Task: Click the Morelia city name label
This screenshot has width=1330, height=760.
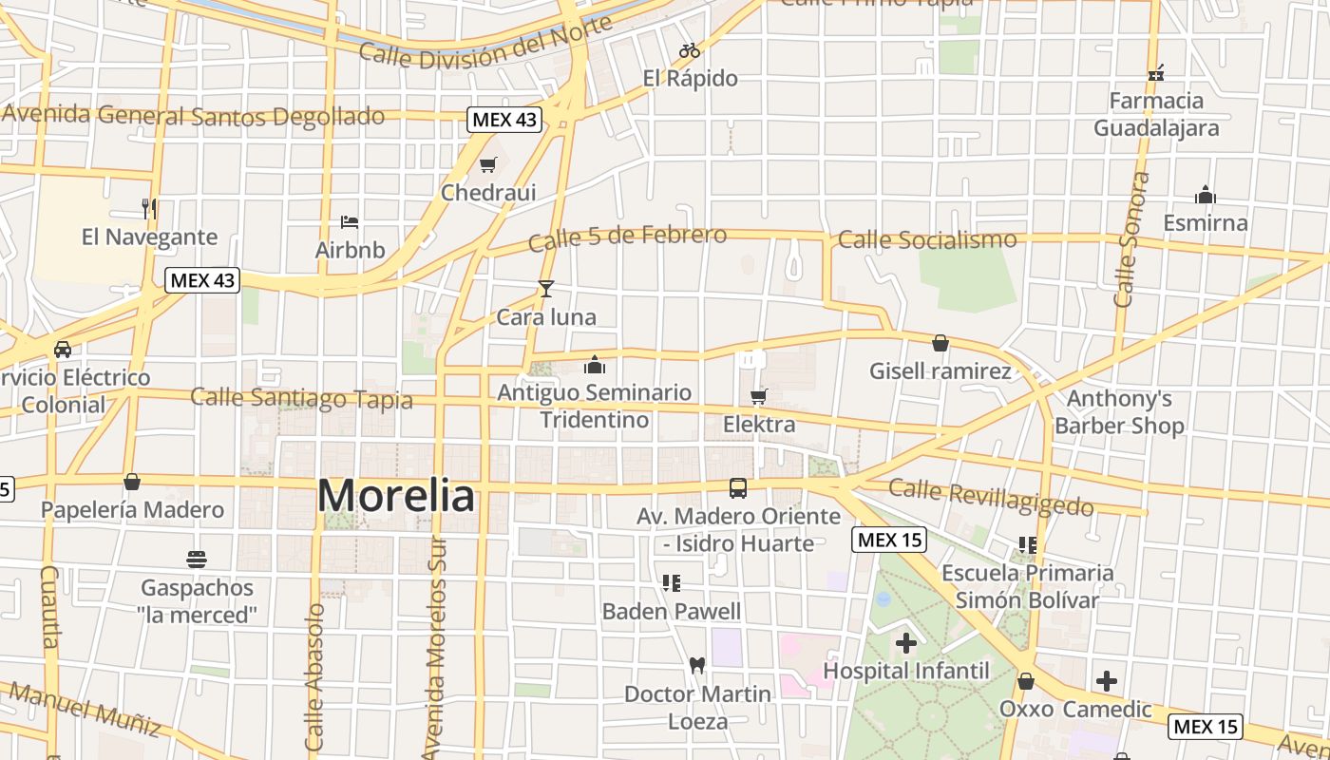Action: click(395, 496)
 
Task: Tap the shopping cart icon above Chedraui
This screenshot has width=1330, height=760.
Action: click(488, 165)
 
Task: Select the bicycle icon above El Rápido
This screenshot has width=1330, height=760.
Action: click(690, 50)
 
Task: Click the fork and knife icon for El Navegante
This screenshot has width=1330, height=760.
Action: click(148, 208)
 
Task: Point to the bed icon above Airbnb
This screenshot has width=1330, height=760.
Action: click(350, 222)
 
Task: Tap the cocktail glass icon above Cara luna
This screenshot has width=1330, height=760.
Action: click(545, 289)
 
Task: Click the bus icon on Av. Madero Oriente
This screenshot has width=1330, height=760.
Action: click(738, 488)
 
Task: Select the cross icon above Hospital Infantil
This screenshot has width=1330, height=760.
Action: click(906, 643)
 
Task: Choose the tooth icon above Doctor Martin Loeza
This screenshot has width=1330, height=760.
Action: click(696, 666)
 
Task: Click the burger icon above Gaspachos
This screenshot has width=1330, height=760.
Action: click(198, 559)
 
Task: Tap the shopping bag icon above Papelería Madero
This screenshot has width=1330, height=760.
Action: click(132, 482)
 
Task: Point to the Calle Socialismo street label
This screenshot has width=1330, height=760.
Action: click(927, 239)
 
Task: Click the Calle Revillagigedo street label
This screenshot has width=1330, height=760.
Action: click(991, 498)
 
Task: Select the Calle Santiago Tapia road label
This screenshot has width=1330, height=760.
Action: click(302, 398)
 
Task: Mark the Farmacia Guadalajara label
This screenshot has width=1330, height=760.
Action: click(1156, 114)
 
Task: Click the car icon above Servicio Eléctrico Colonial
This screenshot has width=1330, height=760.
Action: click(63, 350)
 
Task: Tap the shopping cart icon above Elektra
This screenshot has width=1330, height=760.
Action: click(758, 396)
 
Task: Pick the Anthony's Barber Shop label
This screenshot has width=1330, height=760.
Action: click(1119, 412)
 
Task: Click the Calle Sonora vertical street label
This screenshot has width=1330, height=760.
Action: click(1127, 239)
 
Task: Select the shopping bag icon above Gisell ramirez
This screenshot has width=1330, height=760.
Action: click(940, 343)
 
